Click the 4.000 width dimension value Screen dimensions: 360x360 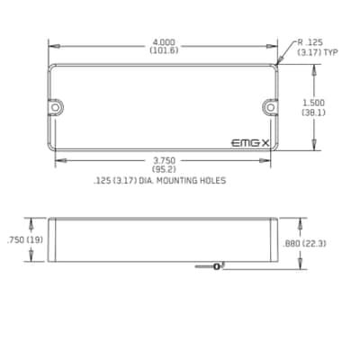[x=164, y=42]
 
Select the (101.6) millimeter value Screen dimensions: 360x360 [x=164, y=50]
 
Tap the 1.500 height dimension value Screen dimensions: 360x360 [x=313, y=103]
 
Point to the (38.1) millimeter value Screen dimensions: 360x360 [x=313, y=112]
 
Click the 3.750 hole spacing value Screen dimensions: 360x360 [x=164, y=161]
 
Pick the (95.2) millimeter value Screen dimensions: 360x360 [x=164, y=169]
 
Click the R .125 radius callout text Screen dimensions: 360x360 [x=310, y=42]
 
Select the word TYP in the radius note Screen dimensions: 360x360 [x=331, y=52]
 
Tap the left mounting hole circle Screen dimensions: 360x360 [x=55, y=107]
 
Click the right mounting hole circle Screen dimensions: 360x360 [x=271, y=107]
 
